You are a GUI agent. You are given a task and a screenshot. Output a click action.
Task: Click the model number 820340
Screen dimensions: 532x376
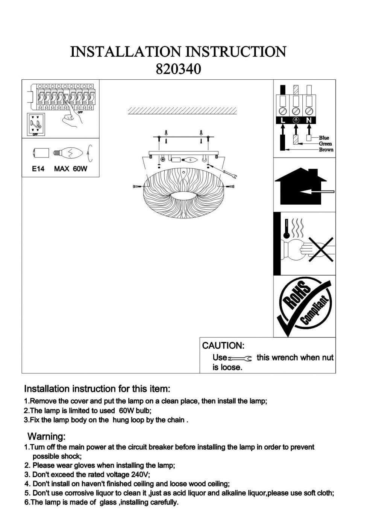(x=178, y=69)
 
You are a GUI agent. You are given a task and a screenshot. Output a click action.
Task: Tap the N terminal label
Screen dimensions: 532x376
(x=309, y=120)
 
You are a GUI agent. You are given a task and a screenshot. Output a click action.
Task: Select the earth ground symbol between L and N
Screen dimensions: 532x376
(x=296, y=120)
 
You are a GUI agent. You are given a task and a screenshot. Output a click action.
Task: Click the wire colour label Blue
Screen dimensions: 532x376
(x=324, y=138)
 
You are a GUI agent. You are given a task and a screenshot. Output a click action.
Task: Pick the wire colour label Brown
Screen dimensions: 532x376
(x=326, y=150)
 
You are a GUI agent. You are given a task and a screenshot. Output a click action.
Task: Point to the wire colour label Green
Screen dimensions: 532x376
(x=326, y=144)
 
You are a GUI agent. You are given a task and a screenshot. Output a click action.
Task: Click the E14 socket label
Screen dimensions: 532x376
(x=38, y=169)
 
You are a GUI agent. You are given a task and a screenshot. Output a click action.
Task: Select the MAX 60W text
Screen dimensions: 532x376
(x=70, y=169)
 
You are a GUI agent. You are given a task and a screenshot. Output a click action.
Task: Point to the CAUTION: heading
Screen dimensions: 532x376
(x=223, y=346)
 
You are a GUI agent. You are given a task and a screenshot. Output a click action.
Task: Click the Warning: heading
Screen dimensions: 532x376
(x=47, y=437)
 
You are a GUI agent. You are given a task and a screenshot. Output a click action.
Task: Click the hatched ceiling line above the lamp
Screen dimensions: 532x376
(x=182, y=111)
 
